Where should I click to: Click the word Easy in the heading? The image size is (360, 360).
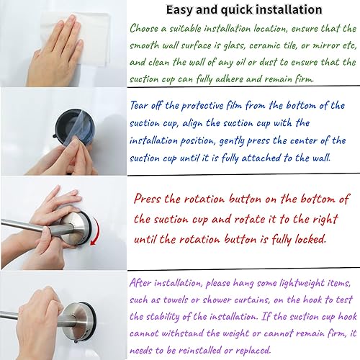tap(181, 10)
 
